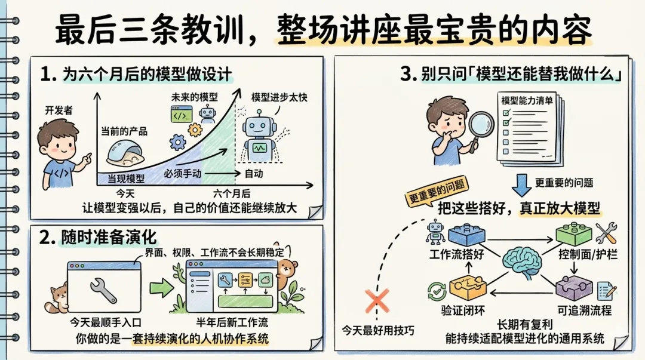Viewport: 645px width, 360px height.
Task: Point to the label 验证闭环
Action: point(457,311)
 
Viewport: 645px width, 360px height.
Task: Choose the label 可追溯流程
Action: point(584,311)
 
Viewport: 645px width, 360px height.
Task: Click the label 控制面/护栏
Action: point(586,255)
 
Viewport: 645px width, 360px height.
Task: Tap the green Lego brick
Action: point(573,233)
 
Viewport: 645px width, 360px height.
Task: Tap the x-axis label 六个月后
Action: point(232,193)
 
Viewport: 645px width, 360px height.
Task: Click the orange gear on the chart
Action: point(195,130)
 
